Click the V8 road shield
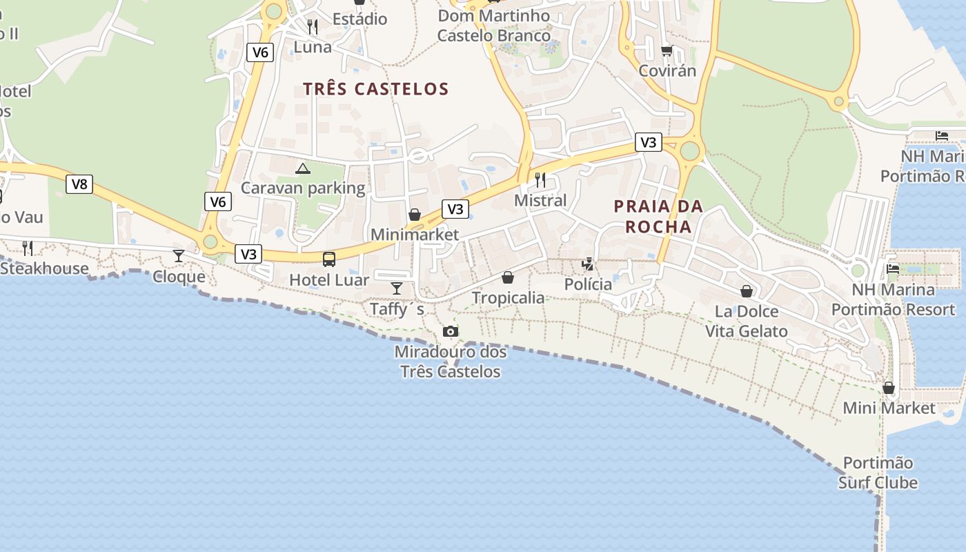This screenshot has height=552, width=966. pyautogui.click(x=79, y=184)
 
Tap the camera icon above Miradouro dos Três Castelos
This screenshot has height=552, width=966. pyautogui.click(x=451, y=332)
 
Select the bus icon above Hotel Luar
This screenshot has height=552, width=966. pyautogui.click(x=329, y=259)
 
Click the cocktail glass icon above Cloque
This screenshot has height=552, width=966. pyautogui.click(x=179, y=257)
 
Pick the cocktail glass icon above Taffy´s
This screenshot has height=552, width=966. pyautogui.click(x=397, y=288)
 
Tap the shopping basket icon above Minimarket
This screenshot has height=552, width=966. pyautogui.click(x=415, y=215)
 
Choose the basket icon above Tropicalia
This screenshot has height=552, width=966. pyautogui.click(x=508, y=277)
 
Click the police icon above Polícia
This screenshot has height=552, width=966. pyautogui.click(x=588, y=264)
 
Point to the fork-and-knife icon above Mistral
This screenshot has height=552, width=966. pyautogui.click(x=540, y=180)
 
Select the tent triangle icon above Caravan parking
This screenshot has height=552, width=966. pyautogui.click(x=302, y=168)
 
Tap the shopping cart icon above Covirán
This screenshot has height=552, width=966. pyautogui.click(x=667, y=50)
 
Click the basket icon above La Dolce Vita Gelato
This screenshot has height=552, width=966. pyautogui.click(x=746, y=291)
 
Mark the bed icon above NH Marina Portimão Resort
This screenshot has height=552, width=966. pyautogui.click(x=893, y=269)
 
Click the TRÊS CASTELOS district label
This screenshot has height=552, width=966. pyautogui.click(x=376, y=89)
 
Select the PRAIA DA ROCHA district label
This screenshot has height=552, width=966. pyautogui.click(x=658, y=216)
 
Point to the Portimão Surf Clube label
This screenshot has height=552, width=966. pyautogui.click(x=878, y=472)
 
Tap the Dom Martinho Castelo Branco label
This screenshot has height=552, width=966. pyautogui.click(x=494, y=26)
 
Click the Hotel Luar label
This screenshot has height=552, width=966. pyautogui.click(x=329, y=279)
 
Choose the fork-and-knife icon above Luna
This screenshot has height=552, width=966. pyautogui.click(x=313, y=27)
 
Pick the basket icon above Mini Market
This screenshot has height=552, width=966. pyautogui.click(x=889, y=388)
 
